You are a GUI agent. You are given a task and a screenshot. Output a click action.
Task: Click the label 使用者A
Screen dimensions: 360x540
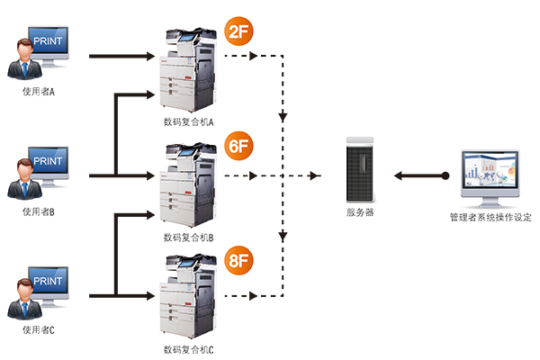40,92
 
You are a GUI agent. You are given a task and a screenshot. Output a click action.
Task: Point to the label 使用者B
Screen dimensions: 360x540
40,212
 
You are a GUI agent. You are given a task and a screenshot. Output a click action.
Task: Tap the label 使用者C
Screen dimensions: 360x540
40,330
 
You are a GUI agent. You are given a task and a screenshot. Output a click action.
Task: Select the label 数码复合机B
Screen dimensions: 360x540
189,238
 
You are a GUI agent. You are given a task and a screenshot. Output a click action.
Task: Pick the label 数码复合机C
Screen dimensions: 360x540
189,348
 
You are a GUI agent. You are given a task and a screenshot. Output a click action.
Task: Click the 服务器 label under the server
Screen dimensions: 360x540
360,213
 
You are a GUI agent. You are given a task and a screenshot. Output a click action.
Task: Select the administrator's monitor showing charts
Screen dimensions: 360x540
490,176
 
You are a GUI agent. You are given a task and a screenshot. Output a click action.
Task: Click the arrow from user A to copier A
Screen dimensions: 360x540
121,57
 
